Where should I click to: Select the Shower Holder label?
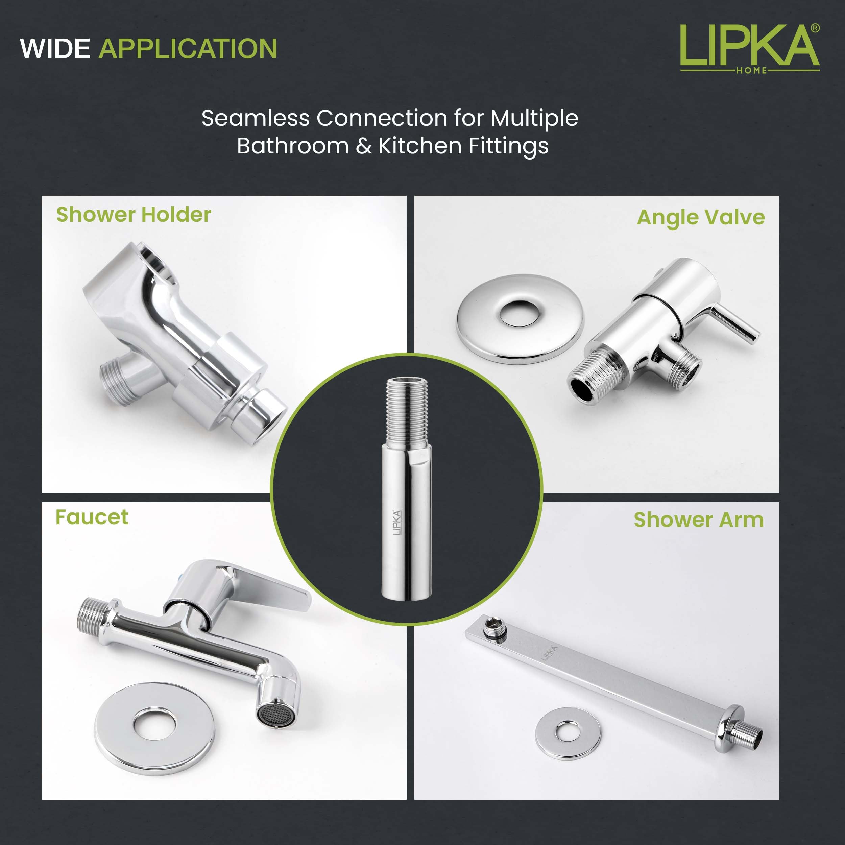(x=134, y=215)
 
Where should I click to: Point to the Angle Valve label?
(x=701, y=217)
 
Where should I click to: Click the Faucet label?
(x=92, y=517)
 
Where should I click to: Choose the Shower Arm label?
(x=699, y=520)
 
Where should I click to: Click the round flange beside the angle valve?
(x=520, y=319)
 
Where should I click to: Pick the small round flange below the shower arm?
(x=568, y=733)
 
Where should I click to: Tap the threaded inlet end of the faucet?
(x=92, y=616)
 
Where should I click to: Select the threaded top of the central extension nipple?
(x=406, y=411)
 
